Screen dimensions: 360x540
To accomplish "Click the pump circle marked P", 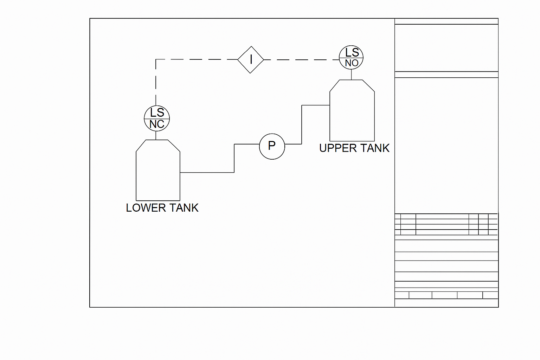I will tap(272, 146).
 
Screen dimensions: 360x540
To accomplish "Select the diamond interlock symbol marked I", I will tap(251, 60).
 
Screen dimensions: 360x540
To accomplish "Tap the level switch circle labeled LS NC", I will tap(157, 118).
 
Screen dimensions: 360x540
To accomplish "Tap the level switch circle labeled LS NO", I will tap(351, 57).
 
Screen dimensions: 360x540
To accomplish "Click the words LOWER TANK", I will tap(162, 208).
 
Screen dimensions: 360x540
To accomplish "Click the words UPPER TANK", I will tap(354, 148).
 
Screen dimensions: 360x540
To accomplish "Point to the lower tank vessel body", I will tap(158, 172).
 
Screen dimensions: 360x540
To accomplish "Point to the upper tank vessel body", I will tap(352, 112).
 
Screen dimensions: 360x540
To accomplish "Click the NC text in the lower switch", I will tap(157, 124).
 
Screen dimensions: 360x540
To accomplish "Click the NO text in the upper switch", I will tap(352, 63).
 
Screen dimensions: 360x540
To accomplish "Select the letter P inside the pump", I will tap(272, 146).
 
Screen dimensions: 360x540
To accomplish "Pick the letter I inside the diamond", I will tap(251, 60).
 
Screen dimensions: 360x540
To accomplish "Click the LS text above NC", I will tap(157, 113).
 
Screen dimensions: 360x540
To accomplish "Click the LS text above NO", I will tap(352, 52).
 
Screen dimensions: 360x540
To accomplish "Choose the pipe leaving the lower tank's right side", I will tap(207, 172).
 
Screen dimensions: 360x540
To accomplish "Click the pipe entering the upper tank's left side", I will tap(315, 105).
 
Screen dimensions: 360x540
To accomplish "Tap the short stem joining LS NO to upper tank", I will tap(351, 75).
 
